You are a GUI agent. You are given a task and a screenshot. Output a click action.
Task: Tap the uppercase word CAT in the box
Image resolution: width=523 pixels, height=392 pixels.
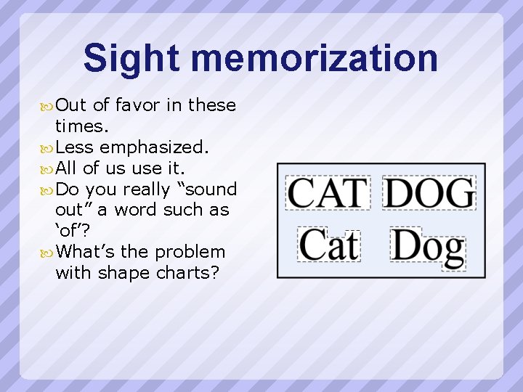click(x=328, y=193)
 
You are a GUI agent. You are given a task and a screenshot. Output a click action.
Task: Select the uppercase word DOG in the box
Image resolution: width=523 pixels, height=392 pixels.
click(x=429, y=193)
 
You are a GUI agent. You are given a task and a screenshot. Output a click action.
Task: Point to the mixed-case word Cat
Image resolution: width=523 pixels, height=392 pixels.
click(x=329, y=245)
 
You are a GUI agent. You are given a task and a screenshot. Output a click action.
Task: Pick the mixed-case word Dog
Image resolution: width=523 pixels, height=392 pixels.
click(x=428, y=247)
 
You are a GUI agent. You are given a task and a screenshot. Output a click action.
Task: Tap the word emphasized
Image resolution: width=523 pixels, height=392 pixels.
click(x=155, y=147)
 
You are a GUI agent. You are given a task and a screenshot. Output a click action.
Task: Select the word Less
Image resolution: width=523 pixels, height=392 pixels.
click(x=74, y=147)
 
